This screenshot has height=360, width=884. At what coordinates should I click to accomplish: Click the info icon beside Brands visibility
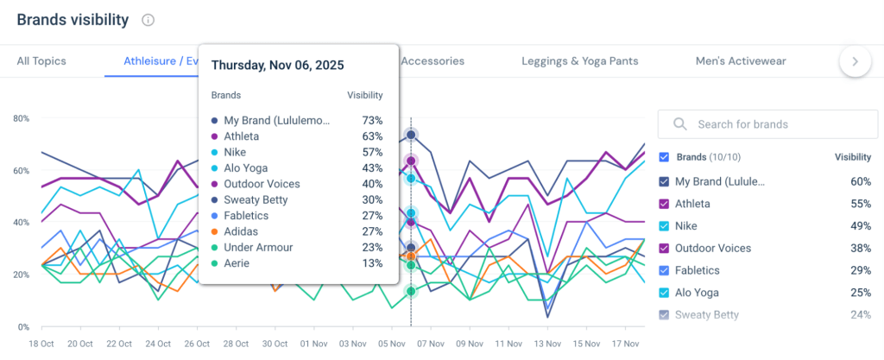coord(148,20)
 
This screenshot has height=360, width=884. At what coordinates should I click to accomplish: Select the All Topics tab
coord(41,61)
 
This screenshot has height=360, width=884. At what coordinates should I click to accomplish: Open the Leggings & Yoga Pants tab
coord(580,61)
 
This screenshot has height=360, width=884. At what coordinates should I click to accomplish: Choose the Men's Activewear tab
coord(741,61)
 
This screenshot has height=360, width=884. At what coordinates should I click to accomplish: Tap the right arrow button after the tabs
coord(855,61)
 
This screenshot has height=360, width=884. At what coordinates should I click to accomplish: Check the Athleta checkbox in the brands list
coord(664,204)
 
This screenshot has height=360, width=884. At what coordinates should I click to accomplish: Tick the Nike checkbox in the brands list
coord(664,226)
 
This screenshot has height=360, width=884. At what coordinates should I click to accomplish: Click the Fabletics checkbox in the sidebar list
coord(664,270)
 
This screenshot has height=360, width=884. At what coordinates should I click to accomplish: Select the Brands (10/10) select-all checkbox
coord(664,158)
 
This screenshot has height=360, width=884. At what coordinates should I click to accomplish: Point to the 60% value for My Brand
coord(860,182)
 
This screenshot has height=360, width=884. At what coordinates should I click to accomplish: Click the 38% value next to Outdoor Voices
coord(860,249)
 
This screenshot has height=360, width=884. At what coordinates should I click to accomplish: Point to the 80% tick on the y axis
coord(22,118)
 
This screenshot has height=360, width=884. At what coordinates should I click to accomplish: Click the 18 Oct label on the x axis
coord(41,344)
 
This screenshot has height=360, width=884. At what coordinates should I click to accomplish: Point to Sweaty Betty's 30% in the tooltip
coord(372,199)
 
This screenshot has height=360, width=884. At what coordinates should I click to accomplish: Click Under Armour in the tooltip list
coord(260,248)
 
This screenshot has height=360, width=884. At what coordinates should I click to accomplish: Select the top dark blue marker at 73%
coord(411,135)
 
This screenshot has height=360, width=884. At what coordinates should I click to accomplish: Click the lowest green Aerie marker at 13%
coord(411,291)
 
